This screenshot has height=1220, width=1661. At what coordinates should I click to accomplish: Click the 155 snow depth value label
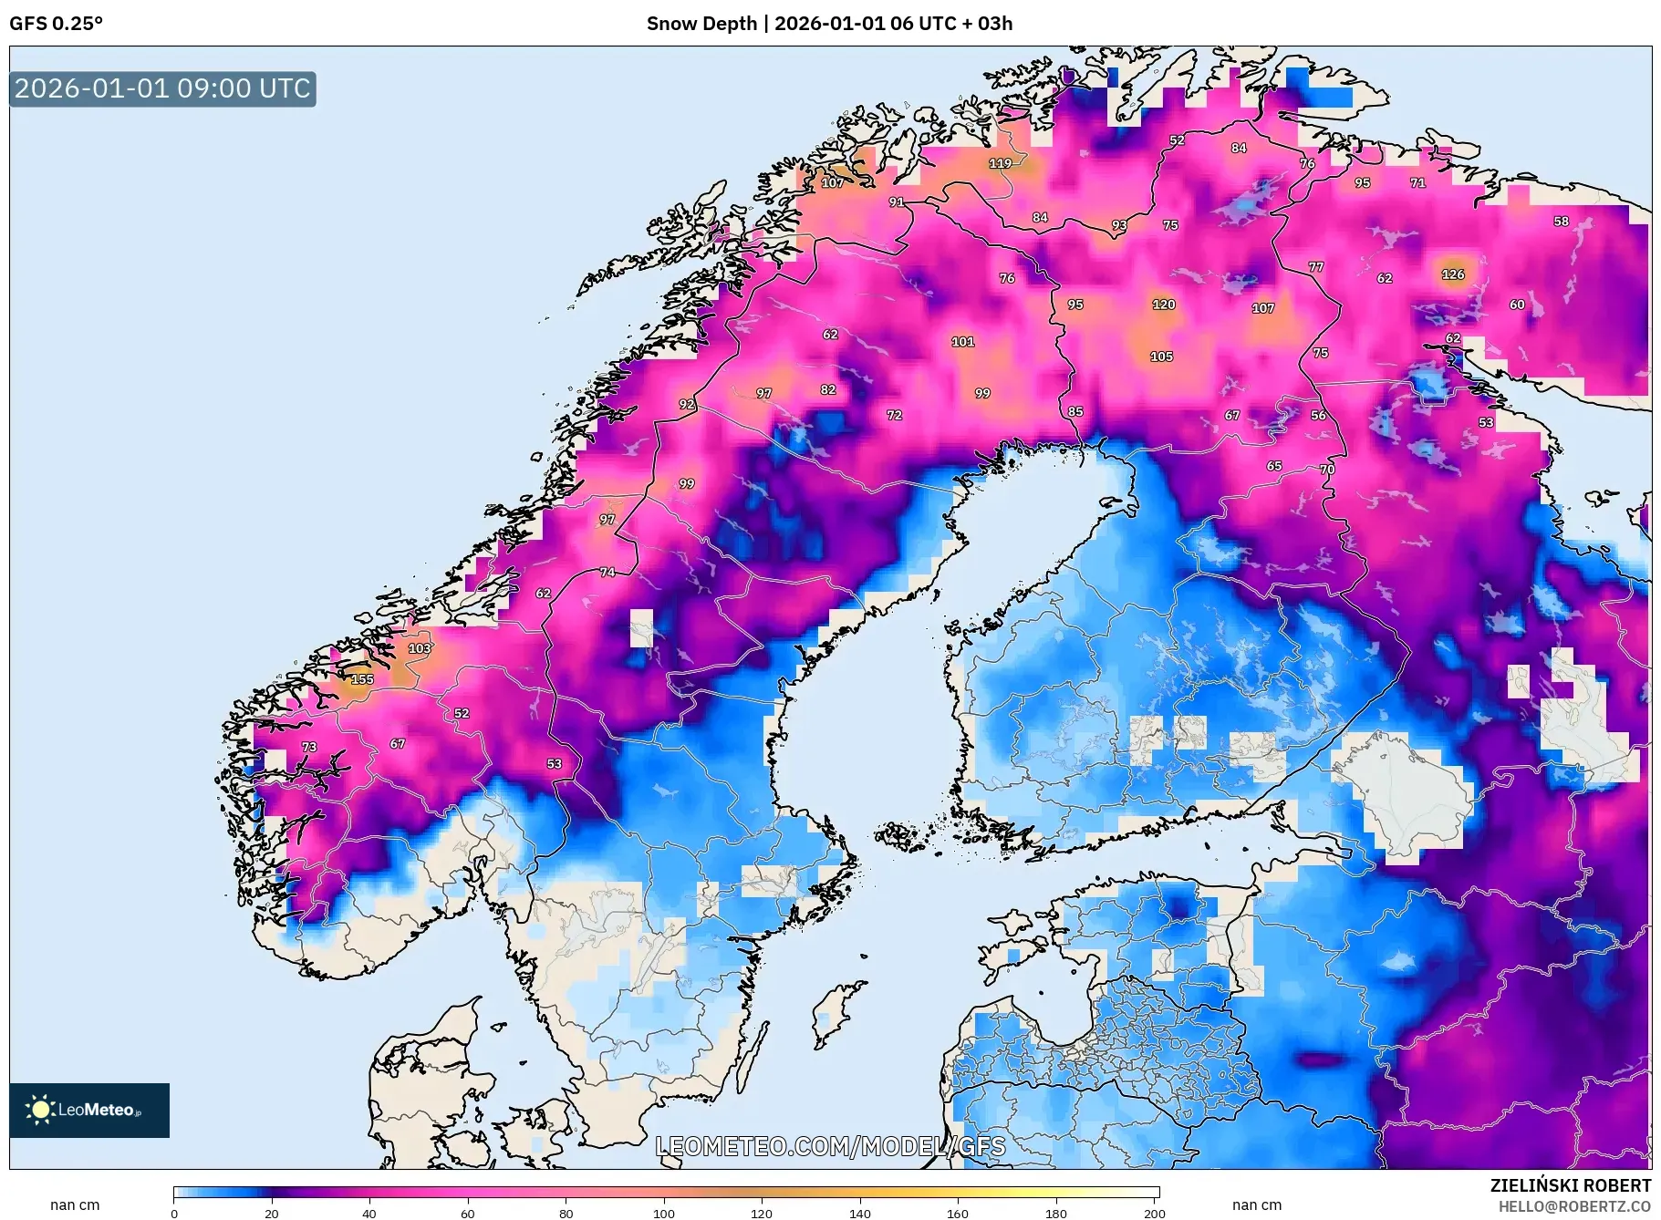[362, 679]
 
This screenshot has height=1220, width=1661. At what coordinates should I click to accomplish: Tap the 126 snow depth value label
[1453, 274]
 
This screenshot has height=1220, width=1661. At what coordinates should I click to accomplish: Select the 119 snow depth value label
[1001, 163]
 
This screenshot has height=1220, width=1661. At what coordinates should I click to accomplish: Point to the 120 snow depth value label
[1164, 305]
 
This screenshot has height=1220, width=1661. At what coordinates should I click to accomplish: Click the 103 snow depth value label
[420, 648]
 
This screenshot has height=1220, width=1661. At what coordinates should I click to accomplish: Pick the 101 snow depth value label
[963, 342]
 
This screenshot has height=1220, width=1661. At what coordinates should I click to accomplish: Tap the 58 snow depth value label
[1562, 222]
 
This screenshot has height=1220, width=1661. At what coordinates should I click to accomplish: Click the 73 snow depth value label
[309, 747]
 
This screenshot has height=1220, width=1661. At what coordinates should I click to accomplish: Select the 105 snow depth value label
[1161, 357]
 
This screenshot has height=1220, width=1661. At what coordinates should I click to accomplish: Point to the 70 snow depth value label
[1327, 470]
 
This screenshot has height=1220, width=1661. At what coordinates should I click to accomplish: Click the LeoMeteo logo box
[89, 1110]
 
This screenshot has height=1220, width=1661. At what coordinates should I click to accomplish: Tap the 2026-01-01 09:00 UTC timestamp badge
[162, 88]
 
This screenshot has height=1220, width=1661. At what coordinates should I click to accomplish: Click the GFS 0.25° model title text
[56, 24]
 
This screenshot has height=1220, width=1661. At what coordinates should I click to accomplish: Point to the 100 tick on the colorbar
[663, 1214]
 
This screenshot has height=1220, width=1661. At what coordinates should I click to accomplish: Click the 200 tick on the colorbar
[1154, 1214]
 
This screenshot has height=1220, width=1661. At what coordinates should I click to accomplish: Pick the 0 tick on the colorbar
[174, 1214]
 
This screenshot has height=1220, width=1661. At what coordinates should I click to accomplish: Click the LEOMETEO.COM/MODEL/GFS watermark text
[830, 1146]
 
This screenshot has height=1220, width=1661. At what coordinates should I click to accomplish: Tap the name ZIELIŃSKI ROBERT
[1570, 1185]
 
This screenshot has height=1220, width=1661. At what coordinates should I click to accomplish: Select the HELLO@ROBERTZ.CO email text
[1574, 1206]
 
